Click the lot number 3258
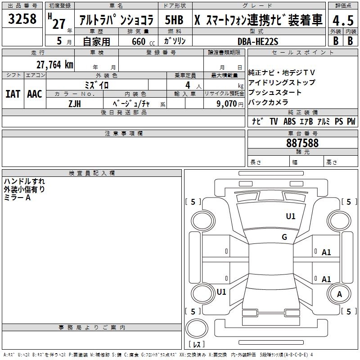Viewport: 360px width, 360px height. [x=22, y=19]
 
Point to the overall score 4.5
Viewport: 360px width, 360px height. [x=343, y=21]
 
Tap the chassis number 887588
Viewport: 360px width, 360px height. [x=302, y=143]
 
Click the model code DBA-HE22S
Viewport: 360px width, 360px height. [x=258, y=41]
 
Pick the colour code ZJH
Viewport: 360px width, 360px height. [x=75, y=103]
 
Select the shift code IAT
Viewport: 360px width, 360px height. [x=13, y=94]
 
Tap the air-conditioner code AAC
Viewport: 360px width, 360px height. [x=34, y=94]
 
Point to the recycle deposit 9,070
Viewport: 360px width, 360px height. [x=226, y=103]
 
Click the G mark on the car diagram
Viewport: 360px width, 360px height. [x=284, y=237]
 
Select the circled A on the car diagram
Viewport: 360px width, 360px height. [x=339, y=294]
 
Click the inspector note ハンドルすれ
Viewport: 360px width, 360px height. [x=24, y=181]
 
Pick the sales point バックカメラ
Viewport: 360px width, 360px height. [x=269, y=102]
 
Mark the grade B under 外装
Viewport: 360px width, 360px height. [x=336, y=40]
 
